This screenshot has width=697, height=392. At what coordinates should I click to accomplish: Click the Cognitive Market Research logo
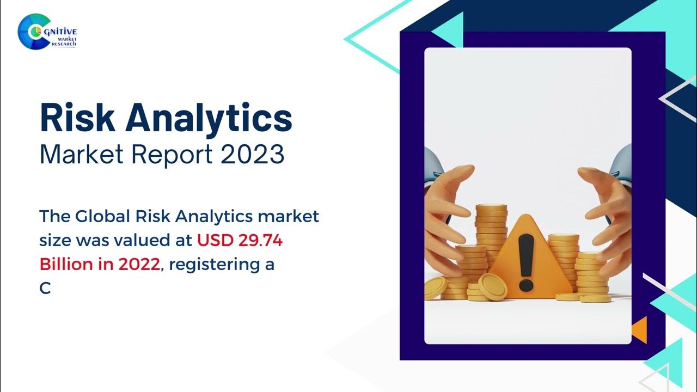click(47, 32)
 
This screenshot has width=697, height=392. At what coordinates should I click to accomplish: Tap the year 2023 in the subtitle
click(252, 154)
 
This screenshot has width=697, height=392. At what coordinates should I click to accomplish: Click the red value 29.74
click(261, 240)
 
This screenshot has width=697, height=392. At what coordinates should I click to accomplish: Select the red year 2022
click(139, 265)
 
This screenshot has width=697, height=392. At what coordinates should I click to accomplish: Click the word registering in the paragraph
click(215, 265)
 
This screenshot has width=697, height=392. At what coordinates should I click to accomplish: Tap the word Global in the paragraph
click(102, 216)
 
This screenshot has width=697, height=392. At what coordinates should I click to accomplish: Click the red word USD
click(215, 240)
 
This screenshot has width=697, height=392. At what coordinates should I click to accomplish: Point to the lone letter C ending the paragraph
click(45, 289)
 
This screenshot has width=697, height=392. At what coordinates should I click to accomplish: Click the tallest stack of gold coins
click(491, 236)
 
